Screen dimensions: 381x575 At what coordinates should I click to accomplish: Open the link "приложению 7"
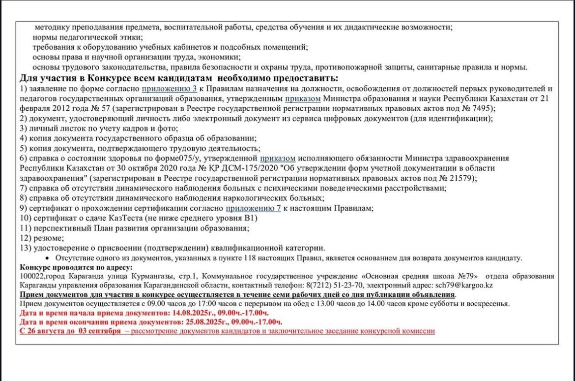253,208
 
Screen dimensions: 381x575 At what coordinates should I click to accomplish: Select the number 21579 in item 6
463,178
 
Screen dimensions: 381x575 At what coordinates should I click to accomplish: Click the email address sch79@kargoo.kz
464,286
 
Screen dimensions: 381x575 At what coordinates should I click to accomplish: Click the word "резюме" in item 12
48,238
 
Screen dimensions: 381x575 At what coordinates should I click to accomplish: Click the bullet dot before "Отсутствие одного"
47,258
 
